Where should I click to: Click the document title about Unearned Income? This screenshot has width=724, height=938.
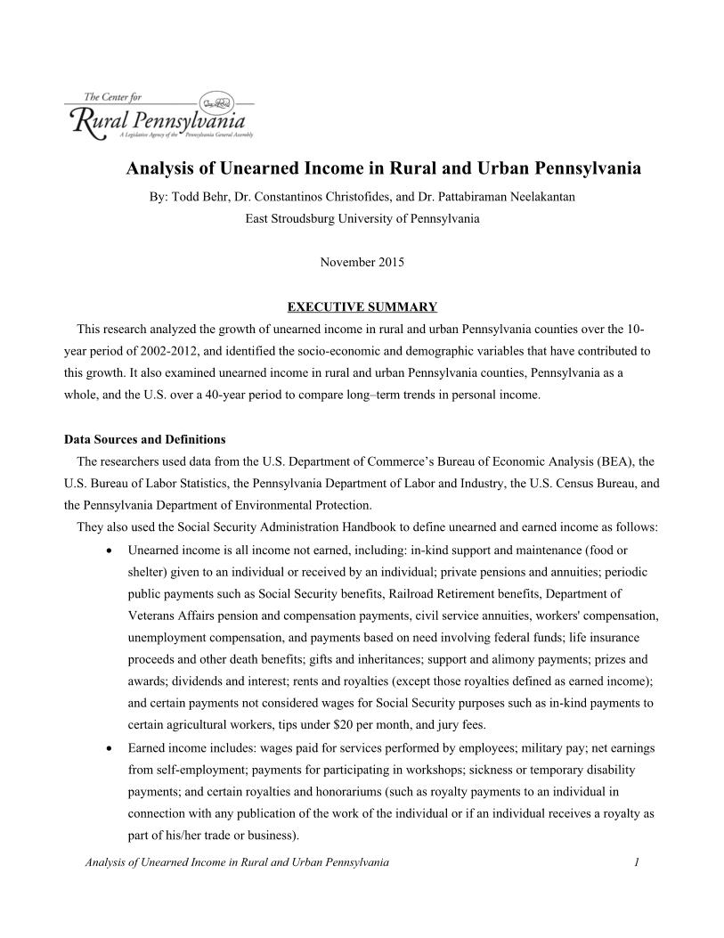click(383, 167)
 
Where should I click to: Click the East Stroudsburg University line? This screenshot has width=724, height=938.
click(362, 217)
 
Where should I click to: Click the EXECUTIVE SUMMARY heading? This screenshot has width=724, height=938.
click(362, 307)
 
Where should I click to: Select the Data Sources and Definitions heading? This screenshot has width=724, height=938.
click(145, 439)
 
